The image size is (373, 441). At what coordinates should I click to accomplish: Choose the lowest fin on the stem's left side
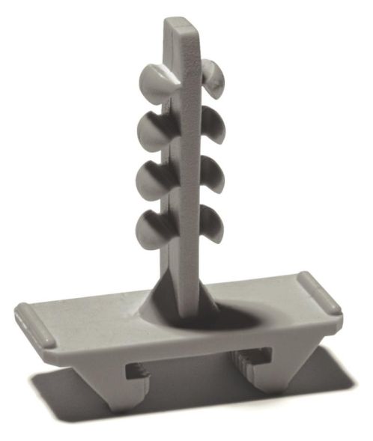pos(154,228)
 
